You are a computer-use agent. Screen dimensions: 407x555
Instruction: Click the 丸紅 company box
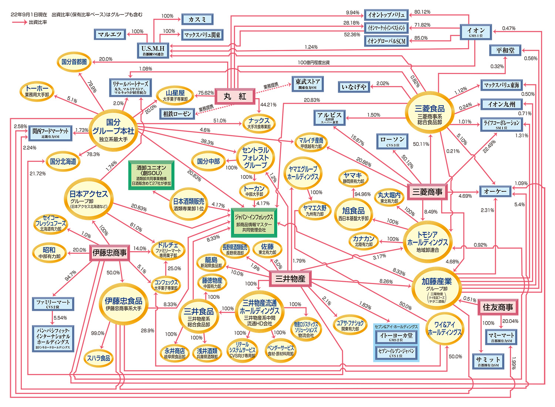click(x=235, y=96)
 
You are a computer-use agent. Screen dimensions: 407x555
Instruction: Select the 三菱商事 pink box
click(x=427, y=192)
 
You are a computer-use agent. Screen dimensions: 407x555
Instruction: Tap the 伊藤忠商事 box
click(x=110, y=253)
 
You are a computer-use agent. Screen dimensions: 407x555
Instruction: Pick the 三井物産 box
click(x=290, y=279)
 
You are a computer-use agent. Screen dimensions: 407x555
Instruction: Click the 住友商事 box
click(x=498, y=307)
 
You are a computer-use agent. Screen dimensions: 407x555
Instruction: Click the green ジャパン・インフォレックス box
click(x=254, y=223)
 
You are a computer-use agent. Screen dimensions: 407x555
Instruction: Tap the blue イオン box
click(x=476, y=32)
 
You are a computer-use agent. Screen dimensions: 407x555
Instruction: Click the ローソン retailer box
click(x=393, y=141)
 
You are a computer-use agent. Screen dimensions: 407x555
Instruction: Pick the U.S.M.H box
click(x=153, y=50)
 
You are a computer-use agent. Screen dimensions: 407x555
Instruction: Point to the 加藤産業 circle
click(x=437, y=288)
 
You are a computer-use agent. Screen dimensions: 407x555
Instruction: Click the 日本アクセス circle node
click(x=89, y=198)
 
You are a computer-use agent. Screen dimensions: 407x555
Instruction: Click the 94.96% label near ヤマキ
click(x=362, y=194)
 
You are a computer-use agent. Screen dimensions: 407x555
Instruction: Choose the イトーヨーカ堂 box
click(x=396, y=337)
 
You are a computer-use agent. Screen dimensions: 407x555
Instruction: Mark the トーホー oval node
click(x=37, y=91)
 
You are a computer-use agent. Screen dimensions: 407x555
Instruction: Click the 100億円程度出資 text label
click(x=313, y=63)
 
